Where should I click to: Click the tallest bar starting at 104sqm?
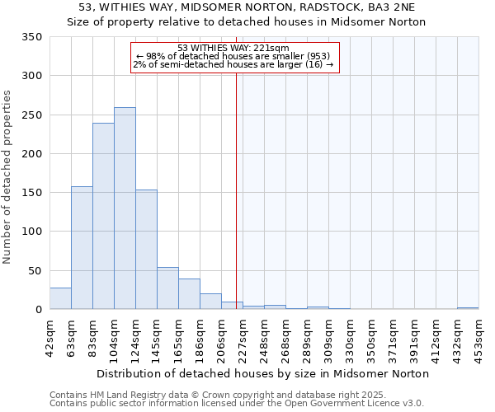tap(125, 208)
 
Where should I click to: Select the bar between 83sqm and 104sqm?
tap(103, 216)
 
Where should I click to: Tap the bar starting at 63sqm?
tap(82, 248)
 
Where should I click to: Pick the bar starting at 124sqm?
tap(146, 250)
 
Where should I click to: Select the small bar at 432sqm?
tap(468, 308)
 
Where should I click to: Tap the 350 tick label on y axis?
tap(31, 37)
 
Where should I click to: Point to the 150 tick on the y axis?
tap(31, 193)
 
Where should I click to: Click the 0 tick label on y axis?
tap(38, 310)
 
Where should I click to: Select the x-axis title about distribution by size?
tap(262, 373)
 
